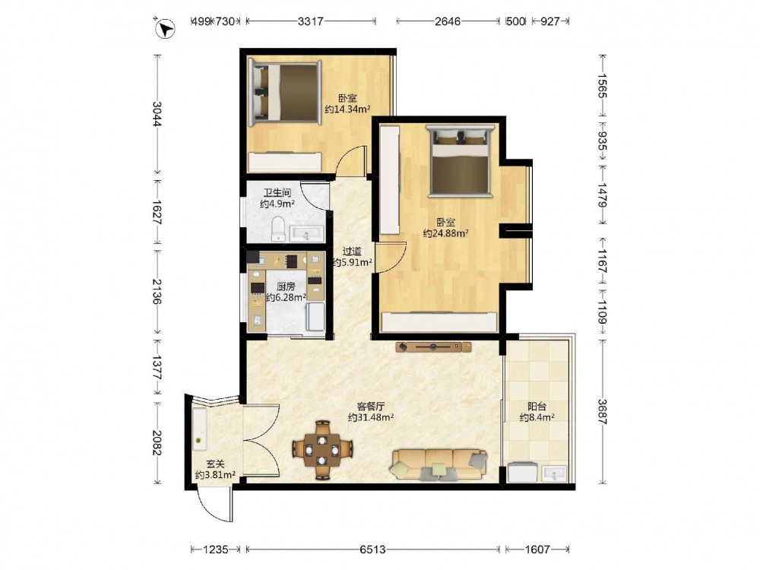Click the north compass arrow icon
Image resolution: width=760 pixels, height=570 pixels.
165,27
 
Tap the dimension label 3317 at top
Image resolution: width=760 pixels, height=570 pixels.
310,21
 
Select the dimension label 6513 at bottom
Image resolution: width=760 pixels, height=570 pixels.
372,549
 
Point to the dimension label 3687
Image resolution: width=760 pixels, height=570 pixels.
602,411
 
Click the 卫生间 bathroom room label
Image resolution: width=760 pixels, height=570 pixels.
277,193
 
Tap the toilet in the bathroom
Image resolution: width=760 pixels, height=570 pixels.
278,229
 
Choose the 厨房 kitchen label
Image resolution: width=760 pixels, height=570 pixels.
286,287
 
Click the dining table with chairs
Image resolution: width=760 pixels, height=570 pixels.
321,450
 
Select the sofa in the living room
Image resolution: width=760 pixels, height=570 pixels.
439,464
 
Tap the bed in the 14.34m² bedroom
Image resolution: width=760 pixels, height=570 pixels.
284,91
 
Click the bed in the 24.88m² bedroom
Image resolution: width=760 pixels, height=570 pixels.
460,161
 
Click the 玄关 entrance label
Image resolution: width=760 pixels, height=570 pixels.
215,464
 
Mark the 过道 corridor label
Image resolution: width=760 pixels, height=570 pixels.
352,252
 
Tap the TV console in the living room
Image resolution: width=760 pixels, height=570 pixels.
433,347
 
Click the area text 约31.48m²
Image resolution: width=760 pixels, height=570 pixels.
371,416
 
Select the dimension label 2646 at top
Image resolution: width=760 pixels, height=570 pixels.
448,21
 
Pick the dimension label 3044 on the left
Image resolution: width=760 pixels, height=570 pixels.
157,113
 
